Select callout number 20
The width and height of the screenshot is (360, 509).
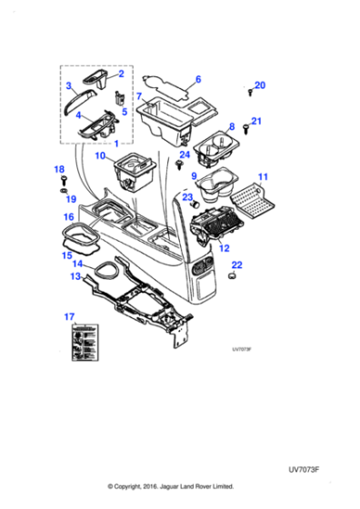tap(260, 85)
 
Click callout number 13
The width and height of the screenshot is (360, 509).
tap(76, 275)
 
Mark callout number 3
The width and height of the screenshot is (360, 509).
tap(69, 86)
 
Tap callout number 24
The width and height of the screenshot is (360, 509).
tap(185, 155)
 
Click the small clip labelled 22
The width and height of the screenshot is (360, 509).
tap(232, 277)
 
